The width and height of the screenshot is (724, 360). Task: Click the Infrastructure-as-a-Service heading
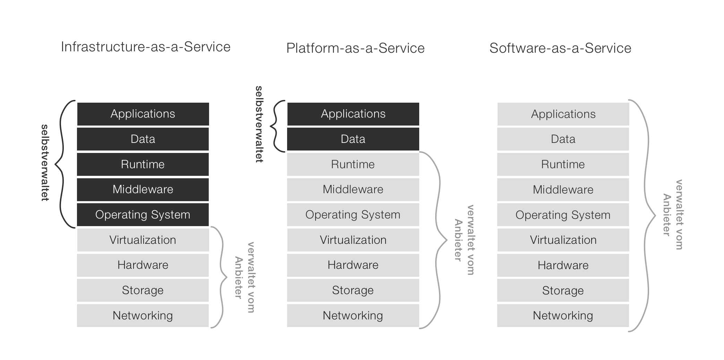(146, 47)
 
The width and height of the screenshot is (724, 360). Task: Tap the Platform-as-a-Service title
(355, 48)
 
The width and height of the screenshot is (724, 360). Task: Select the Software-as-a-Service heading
(560, 48)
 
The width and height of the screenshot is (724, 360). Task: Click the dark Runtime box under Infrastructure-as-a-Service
(143, 164)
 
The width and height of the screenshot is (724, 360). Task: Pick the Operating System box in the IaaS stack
(143, 215)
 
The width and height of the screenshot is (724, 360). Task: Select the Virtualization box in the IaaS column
(143, 240)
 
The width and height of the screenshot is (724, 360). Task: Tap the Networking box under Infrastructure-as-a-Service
(143, 316)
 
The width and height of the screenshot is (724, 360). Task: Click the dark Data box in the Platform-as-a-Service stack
(353, 139)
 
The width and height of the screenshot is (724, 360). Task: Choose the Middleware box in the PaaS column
(353, 189)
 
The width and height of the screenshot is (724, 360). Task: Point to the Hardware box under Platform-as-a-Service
(353, 265)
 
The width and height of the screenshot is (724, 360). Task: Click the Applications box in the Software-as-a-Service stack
(563, 114)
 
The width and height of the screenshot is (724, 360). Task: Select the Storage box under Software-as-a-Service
(563, 291)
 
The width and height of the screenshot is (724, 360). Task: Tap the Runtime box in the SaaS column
(563, 164)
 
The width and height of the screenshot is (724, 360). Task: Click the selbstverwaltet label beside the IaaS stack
(45, 163)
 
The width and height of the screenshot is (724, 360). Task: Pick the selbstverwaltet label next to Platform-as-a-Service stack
(259, 124)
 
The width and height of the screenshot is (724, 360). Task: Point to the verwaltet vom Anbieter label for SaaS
(673, 215)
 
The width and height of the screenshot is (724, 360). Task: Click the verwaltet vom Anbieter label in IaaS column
(244, 277)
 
